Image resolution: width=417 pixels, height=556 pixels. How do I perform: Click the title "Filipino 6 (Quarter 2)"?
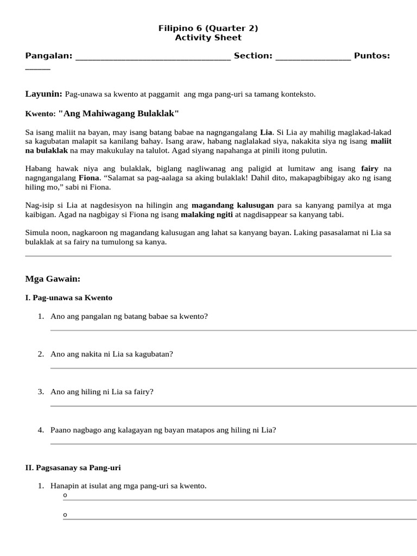click(x=208, y=28)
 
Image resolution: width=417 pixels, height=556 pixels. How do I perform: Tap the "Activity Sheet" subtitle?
click(x=208, y=38)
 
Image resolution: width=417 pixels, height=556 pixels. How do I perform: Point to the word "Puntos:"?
click(x=372, y=56)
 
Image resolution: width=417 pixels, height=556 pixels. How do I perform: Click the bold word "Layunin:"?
click(x=44, y=94)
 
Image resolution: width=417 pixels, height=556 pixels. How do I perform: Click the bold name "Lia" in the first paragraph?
click(x=266, y=132)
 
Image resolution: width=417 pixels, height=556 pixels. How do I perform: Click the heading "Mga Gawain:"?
click(x=53, y=279)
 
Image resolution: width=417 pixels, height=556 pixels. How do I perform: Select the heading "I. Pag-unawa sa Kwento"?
click(x=69, y=298)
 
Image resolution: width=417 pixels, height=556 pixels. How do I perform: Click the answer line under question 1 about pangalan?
click(x=233, y=330)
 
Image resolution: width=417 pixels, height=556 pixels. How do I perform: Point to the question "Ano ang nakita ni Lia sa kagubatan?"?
click(x=111, y=354)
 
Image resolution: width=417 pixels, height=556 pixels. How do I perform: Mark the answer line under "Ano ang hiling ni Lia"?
click(x=233, y=406)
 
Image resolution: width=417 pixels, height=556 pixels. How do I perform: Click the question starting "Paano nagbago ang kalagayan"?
click(x=163, y=430)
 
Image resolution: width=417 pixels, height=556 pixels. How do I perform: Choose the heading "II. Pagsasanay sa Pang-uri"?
click(x=77, y=467)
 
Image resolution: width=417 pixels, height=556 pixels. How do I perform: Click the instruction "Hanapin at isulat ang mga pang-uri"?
click(x=128, y=486)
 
